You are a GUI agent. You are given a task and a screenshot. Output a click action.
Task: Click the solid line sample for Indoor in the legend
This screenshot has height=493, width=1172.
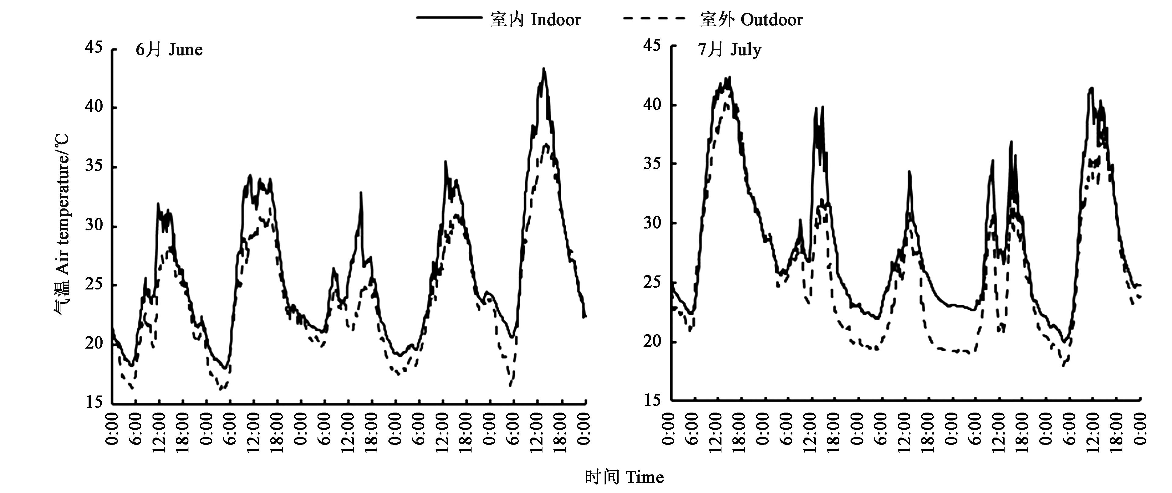point(449,18)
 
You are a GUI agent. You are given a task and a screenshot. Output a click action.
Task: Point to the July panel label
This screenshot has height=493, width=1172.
point(729,49)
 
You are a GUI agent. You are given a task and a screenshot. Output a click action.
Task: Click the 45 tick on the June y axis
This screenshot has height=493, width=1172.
point(94,47)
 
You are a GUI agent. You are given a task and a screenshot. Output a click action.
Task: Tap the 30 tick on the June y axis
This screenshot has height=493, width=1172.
point(94,225)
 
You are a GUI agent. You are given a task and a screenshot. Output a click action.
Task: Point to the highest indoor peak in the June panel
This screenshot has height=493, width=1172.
point(543,69)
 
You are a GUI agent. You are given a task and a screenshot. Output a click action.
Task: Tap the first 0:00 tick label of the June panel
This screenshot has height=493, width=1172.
point(112,428)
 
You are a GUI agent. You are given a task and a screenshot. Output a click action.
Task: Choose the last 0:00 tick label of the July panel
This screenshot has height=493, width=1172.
point(1140,428)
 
